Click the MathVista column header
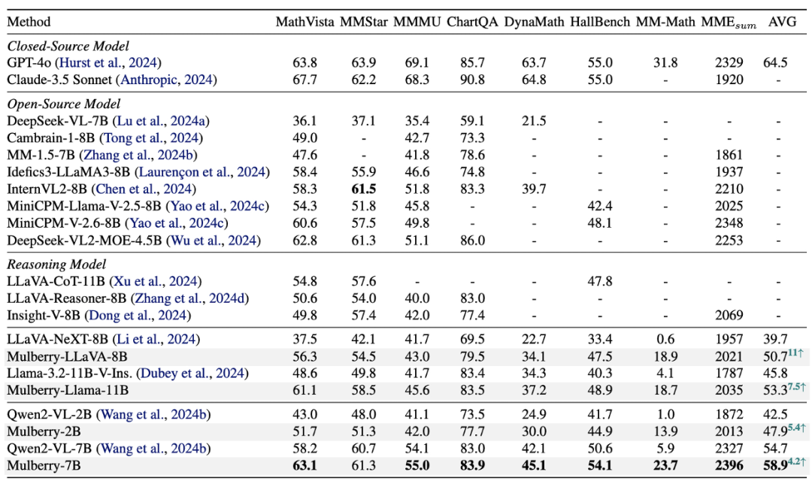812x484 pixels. click(304, 23)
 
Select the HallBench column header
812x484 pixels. click(600, 23)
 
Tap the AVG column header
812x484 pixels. click(782, 23)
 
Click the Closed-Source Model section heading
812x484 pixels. click(68, 46)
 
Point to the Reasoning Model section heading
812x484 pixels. click(56, 265)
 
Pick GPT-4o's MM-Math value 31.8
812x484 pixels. click(665, 63)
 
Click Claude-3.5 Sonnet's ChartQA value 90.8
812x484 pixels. click(472, 80)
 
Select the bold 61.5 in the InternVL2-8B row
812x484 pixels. click(364, 189)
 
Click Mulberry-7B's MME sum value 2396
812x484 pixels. click(729, 466)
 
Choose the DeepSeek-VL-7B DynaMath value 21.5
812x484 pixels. click(534, 121)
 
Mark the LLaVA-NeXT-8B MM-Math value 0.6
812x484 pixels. click(665, 340)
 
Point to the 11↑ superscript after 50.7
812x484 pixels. click(795, 353)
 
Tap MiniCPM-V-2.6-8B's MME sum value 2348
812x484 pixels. click(729, 224)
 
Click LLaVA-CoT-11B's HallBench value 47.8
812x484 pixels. click(600, 282)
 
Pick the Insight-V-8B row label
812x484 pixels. click(44, 316)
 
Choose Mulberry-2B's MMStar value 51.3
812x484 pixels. click(364, 431)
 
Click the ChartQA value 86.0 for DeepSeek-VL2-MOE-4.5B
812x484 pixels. click(472, 240)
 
